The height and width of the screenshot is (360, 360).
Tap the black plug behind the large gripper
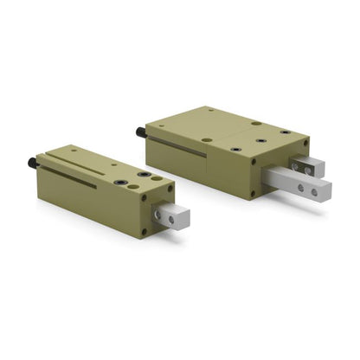[139, 132]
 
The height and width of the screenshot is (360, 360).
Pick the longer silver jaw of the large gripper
[298, 184]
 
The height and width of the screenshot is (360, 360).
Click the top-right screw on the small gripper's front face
[170, 187]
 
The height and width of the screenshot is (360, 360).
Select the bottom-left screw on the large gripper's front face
[253, 192]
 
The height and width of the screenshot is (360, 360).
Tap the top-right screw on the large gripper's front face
[304, 141]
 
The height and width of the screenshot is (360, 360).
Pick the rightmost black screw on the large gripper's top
[285, 132]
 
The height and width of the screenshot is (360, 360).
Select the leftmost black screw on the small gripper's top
[120, 182]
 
